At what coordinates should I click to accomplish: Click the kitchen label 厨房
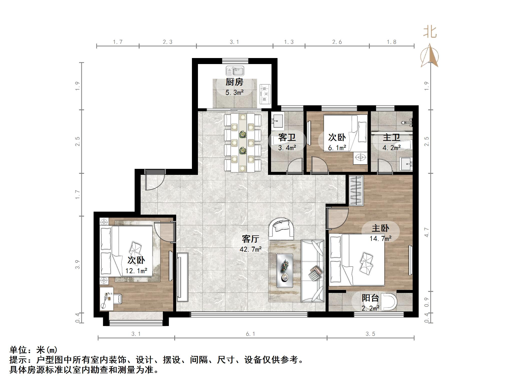click(234, 82)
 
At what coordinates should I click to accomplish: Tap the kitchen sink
click(235, 71)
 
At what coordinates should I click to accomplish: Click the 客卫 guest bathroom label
click(287, 137)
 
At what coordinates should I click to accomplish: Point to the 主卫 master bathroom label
click(391, 137)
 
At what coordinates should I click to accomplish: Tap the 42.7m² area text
click(250, 249)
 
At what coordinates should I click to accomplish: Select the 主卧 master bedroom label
click(380, 228)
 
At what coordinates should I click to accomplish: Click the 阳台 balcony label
click(370, 298)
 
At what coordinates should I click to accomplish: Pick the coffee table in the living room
click(285, 271)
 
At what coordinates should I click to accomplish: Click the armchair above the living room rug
click(282, 228)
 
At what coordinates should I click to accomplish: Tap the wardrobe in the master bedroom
click(356, 191)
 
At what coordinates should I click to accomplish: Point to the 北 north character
click(430, 33)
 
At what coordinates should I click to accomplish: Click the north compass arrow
click(429, 55)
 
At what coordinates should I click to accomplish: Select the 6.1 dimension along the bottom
click(250, 334)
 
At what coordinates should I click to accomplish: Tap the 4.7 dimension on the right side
click(427, 232)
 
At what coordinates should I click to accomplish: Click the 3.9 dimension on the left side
click(78, 264)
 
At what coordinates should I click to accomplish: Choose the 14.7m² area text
click(381, 238)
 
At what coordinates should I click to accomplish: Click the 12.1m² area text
click(136, 271)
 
